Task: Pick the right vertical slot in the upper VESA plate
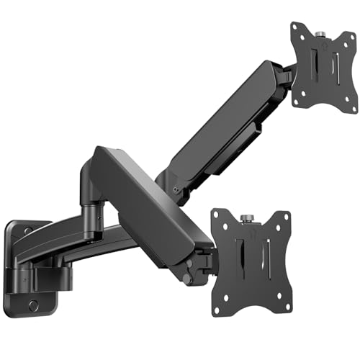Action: pyautogui.click(x=336, y=68)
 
